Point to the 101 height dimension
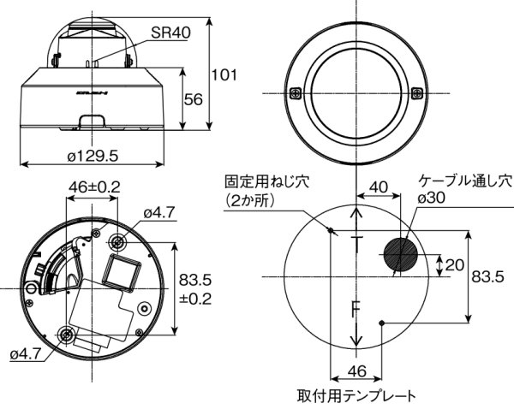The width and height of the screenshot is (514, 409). pyautogui.click(x=224, y=74)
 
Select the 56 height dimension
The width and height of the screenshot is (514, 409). pyautogui.click(x=194, y=100)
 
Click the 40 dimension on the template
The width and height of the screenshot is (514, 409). pyautogui.click(x=378, y=187)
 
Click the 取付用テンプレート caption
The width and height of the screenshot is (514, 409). pyautogui.click(x=356, y=395)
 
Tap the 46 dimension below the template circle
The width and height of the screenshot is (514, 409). pyautogui.click(x=356, y=371)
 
